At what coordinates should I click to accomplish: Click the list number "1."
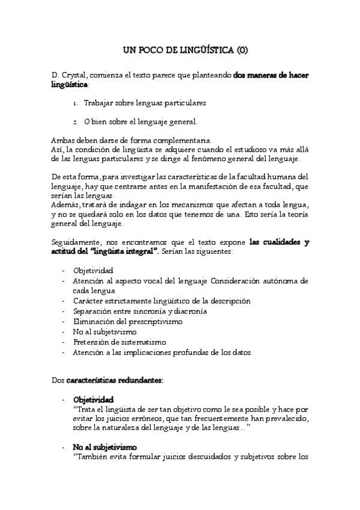(76, 103)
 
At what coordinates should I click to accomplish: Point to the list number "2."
(76, 122)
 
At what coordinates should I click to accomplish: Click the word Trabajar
(99, 103)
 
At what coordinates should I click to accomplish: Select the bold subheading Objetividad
(93, 399)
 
